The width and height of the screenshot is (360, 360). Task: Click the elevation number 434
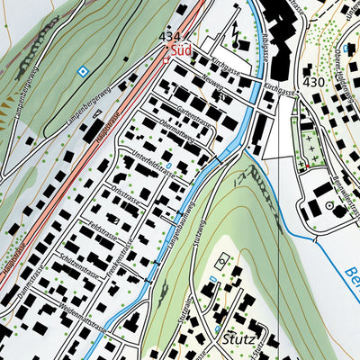pyautogui.click(x=169, y=36)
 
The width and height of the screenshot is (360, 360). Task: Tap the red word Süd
pyautogui.click(x=181, y=51)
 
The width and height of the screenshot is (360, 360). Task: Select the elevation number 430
pyautogui.click(x=313, y=82)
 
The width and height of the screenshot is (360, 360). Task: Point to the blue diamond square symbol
pyautogui.click(x=83, y=70)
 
